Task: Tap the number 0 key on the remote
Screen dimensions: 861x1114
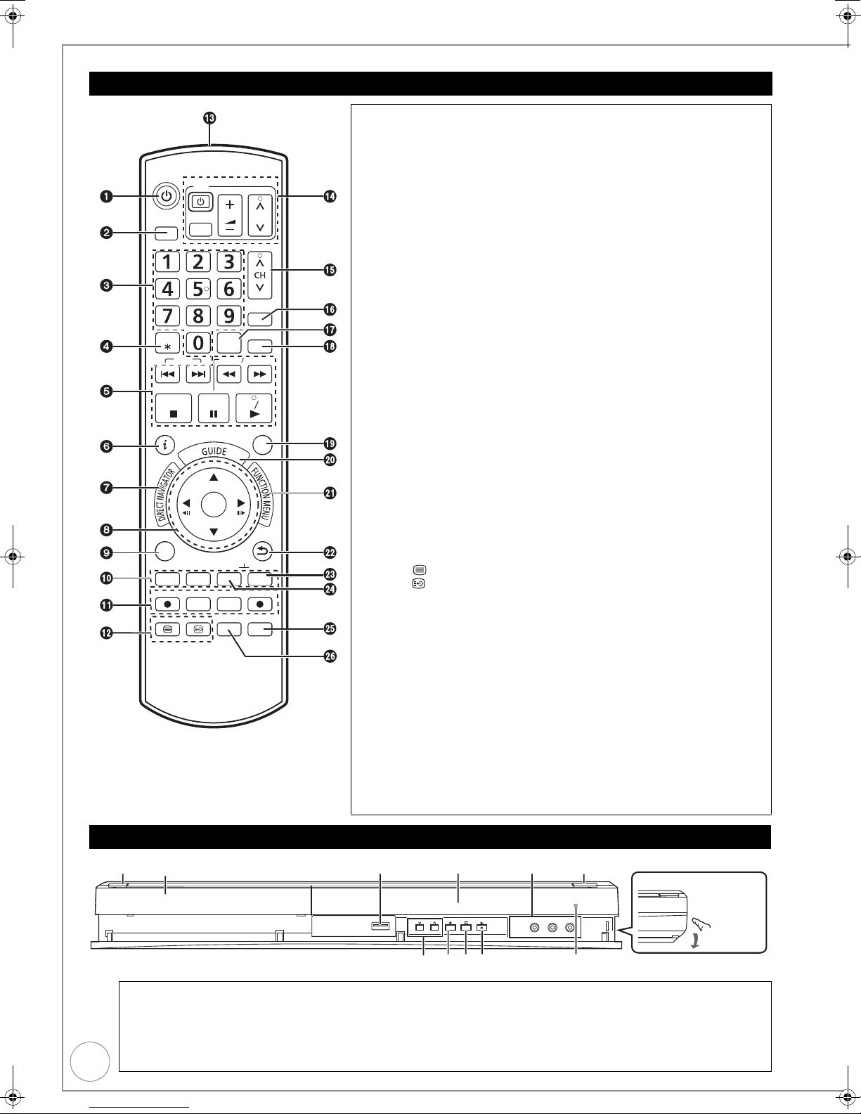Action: pos(198,343)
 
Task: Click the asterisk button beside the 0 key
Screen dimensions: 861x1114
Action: pos(167,343)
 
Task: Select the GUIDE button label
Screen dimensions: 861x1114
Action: pos(214,451)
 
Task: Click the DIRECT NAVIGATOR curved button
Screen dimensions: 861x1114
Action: pos(166,495)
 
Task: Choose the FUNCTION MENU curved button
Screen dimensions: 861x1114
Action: pos(262,493)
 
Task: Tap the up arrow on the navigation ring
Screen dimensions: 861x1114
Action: pos(214,477)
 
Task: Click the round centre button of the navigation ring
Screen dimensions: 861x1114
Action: pos(214,505)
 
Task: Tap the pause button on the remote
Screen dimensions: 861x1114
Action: pos(214,408)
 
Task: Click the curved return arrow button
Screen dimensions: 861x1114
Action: pos(262,552)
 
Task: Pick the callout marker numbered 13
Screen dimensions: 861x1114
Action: pos(209,118)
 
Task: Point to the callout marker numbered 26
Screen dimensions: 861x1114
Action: pos(330,656)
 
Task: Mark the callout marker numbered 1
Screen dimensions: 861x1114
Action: pos(106,196)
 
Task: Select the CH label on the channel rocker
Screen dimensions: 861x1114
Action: pos(260,276)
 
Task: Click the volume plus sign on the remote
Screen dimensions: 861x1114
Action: pos(230,205)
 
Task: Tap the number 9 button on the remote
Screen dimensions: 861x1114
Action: pos(228,316)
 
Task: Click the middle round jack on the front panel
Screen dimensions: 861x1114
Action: pos(552,927)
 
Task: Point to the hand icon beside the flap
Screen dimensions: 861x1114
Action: pos(701,924)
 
